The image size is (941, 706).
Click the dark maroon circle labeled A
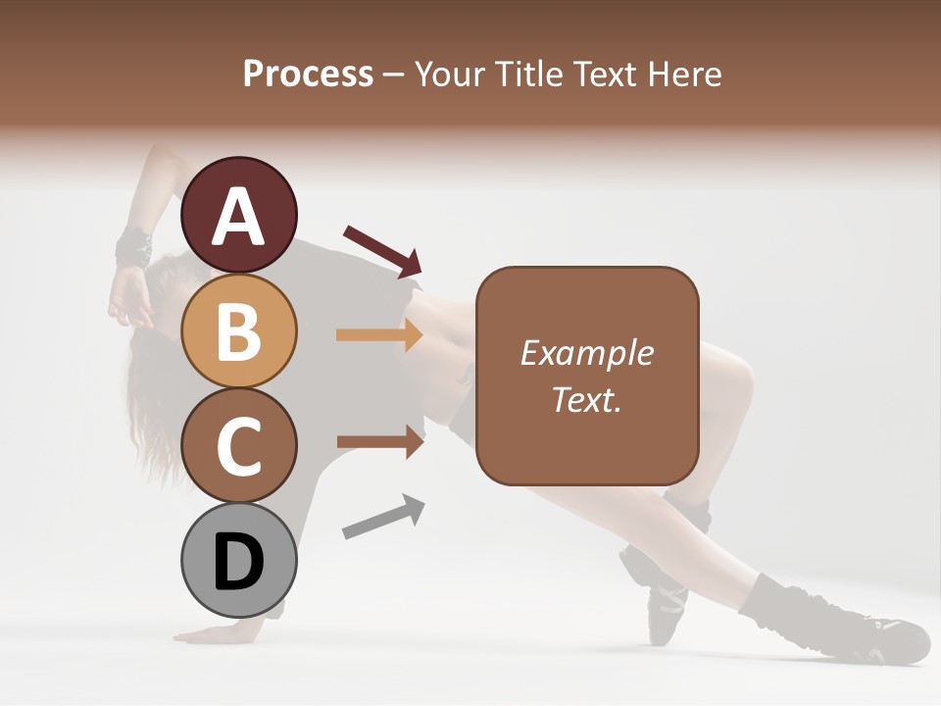239,215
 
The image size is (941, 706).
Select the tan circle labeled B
239,330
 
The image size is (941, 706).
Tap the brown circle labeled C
239,445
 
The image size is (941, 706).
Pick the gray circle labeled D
239,561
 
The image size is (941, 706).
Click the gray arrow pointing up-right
383,517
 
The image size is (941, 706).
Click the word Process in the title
308,74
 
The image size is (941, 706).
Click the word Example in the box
586,353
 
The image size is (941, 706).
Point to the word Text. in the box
586,399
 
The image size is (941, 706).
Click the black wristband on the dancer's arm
133,246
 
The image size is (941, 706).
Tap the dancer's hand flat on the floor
221,632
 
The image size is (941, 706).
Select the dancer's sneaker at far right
887,637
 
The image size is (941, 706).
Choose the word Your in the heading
446,74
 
